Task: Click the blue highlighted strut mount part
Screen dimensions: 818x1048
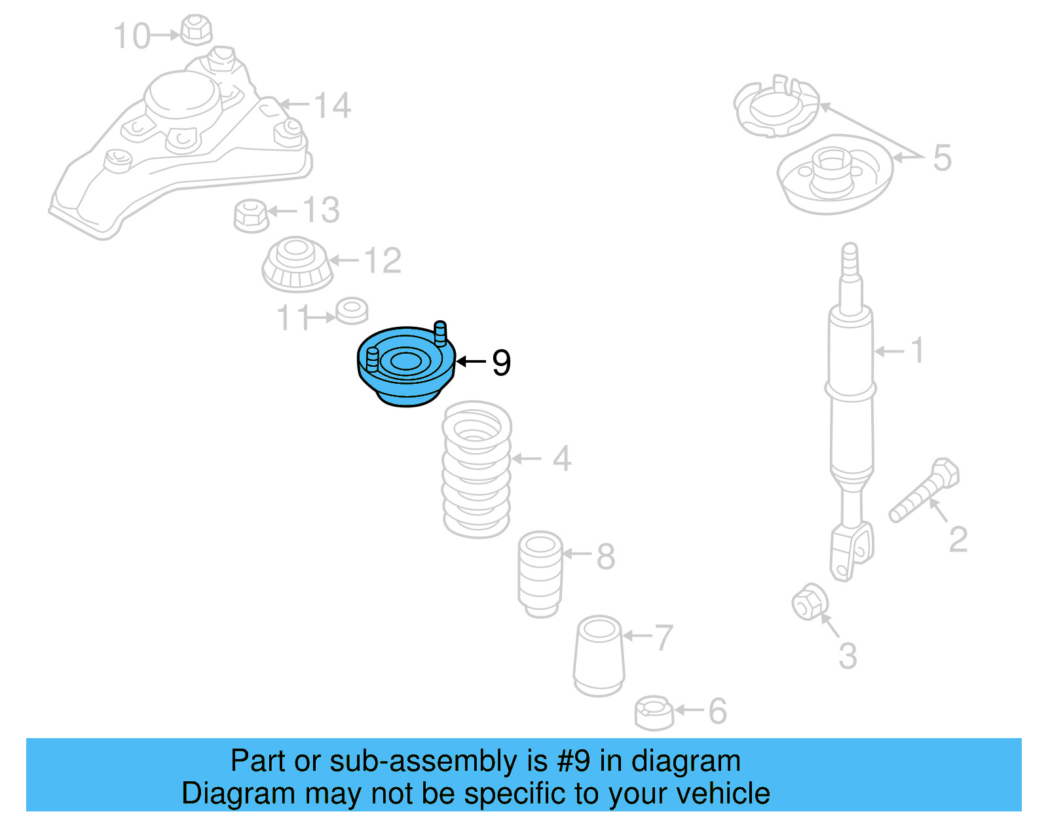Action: click(406, 367)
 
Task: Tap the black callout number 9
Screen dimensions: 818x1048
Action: click(501, 362)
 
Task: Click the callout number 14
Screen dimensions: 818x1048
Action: click(332, 105)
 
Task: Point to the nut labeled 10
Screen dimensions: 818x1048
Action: click(195, 29)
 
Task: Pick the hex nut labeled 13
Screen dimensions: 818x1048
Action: click(251, 214)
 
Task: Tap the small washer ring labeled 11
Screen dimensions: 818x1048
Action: click(352, 310)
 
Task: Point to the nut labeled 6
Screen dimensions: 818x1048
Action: click(654, 713)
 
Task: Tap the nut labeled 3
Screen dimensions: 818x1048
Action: click(810, 601)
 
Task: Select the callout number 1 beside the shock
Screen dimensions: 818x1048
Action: click(918, 350)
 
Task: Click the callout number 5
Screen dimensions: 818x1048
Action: click(941, 158)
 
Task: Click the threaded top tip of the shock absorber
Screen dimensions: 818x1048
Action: click(850, 259)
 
